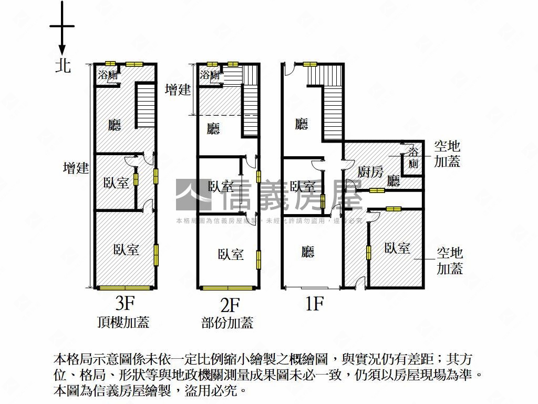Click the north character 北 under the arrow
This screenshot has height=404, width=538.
click(x=63, y=66)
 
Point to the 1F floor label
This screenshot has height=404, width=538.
click(x=314, y=304)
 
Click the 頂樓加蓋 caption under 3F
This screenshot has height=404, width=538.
click(x=123, y=322)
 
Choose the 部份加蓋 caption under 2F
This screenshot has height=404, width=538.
click(x=227, y=322)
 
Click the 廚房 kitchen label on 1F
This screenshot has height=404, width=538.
click(x=371, y=171)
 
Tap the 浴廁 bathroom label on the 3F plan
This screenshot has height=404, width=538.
click(x=108, y=75)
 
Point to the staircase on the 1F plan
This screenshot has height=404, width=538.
click(x=333, y=103)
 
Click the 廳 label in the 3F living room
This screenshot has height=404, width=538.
click(x=115, y=125)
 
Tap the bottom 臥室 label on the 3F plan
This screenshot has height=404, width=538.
click(x=126, y=249)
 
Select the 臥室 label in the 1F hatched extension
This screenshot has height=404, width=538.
click(x=397, y=248)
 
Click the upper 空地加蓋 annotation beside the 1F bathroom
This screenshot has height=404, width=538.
click(x=447, y=154)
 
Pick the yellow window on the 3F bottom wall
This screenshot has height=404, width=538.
click(x=126, y=288)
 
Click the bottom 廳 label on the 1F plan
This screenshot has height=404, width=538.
click(x=308, y=252)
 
